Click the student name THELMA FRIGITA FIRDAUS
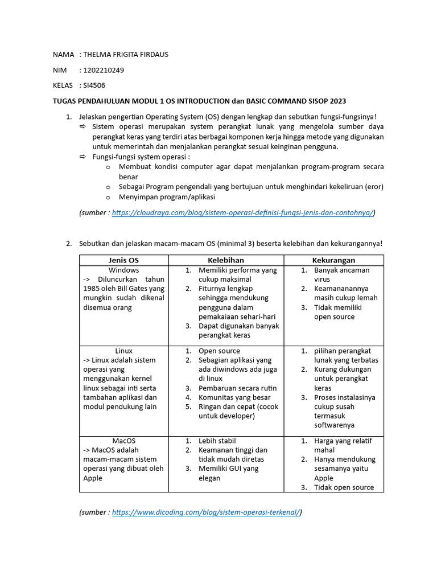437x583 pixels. coord(126,55)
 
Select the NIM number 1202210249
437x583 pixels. coord(104,70)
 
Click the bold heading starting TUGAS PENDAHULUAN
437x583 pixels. coord(199,101)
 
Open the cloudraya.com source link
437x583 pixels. coord(243,212)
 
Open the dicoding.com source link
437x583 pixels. coord(206,512)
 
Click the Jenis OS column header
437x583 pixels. coord(123,260)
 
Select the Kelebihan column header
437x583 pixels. coord(226,260)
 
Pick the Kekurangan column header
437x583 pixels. coord(333,260)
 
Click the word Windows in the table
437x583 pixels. coord(123,270)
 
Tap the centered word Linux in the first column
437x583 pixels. coord(123,351)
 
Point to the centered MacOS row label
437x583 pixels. coord(123,441)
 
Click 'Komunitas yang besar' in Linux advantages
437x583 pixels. coord(234,397)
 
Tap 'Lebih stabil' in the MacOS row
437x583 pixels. coord(217,441)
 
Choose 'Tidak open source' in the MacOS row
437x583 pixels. coord(344,487)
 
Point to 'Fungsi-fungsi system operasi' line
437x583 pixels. coord(141,157)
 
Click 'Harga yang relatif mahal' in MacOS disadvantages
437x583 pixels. coord(344,445)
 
